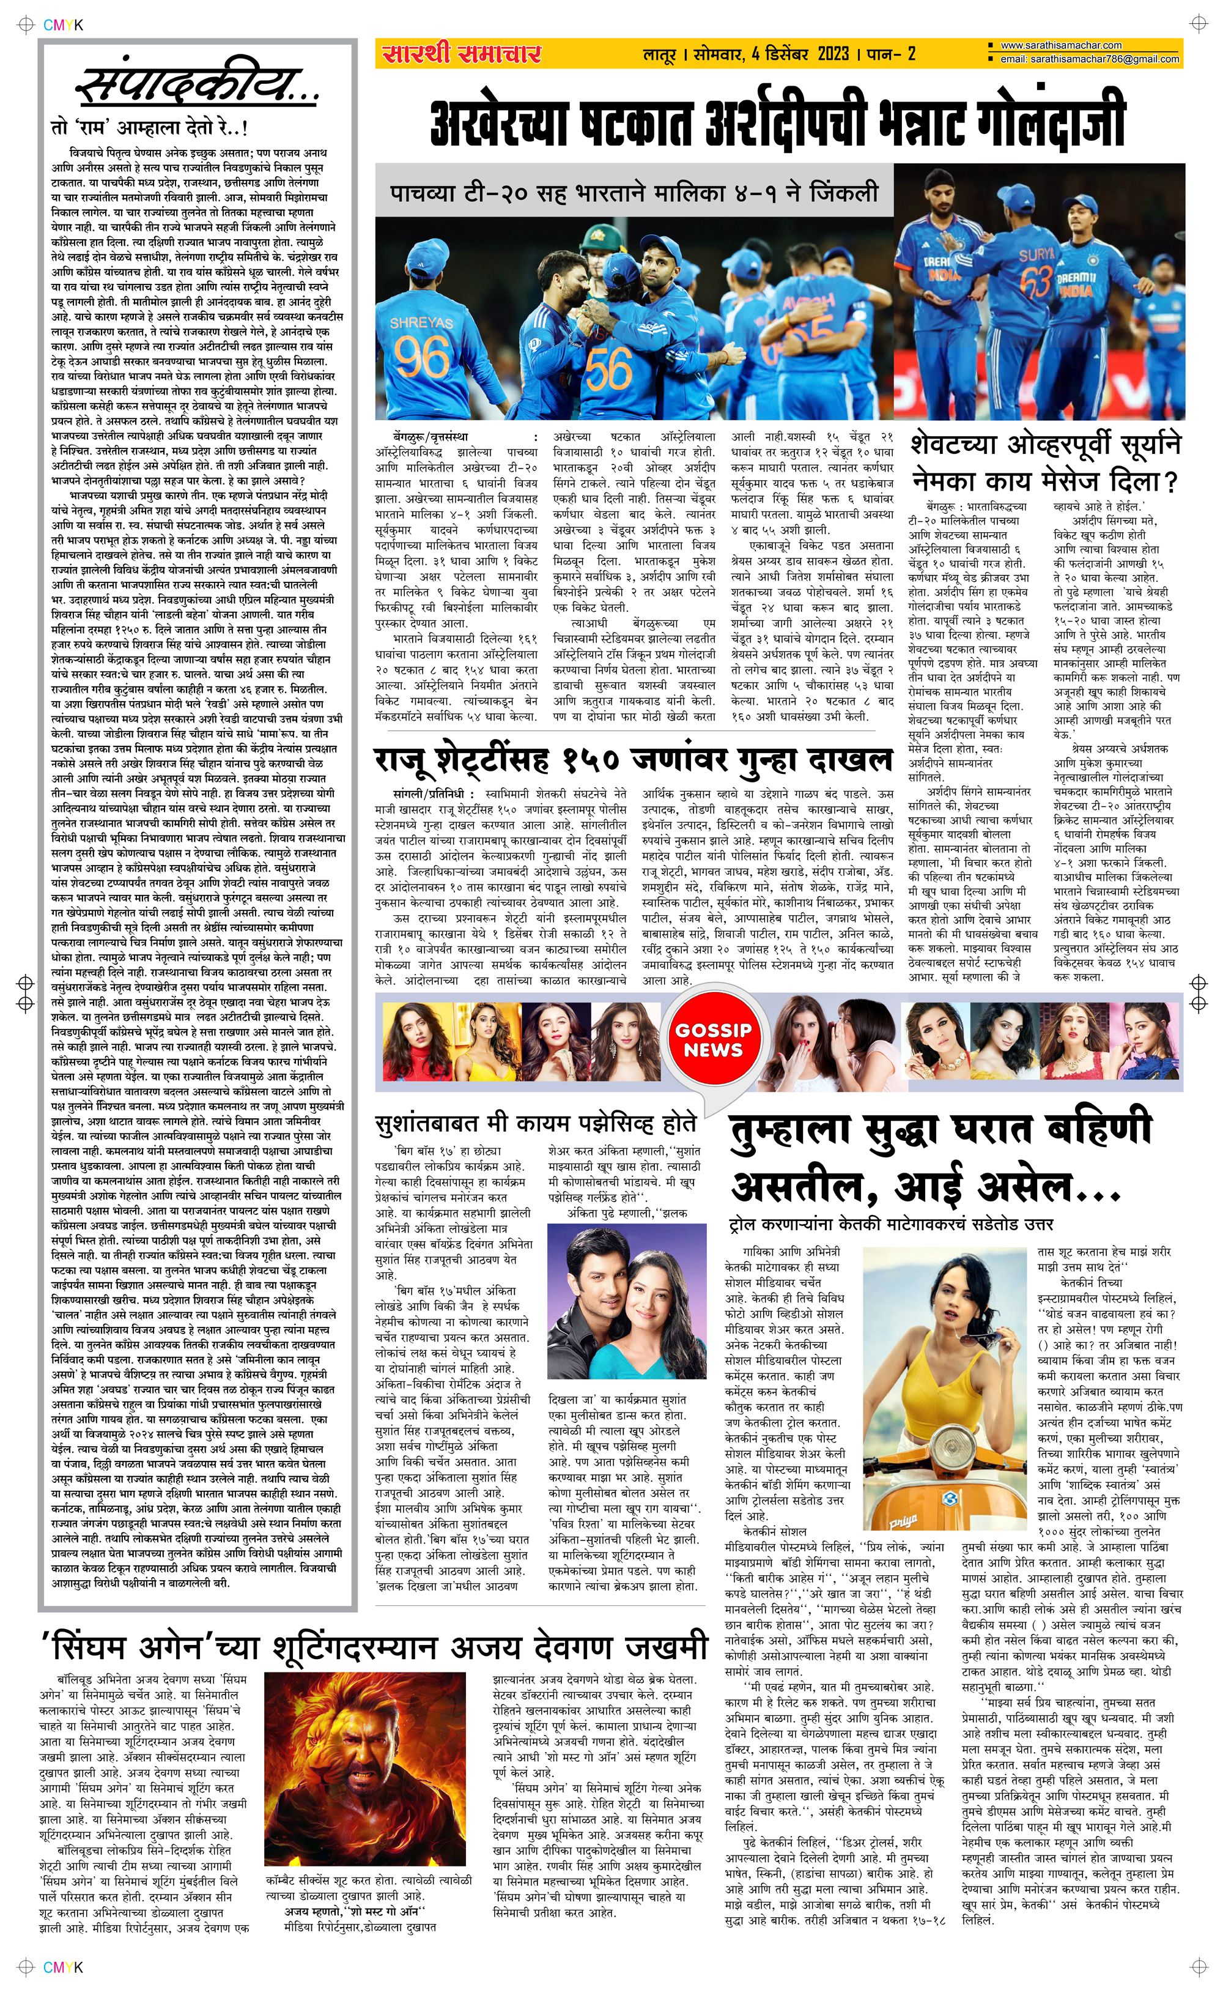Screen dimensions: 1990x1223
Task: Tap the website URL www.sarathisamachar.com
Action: pyautogui.click(x=1060, y=46)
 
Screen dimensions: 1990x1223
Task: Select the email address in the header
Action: pyautogui.click(x=1088, y=59)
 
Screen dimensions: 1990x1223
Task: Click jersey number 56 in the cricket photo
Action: pyautogui.click(x=609, y=369)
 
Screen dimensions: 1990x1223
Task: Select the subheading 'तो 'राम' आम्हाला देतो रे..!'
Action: pyautogui.click(x=150, y=128)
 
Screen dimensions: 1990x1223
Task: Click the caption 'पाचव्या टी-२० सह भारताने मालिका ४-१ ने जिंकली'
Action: pyautogui.click(x=634, y=194)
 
